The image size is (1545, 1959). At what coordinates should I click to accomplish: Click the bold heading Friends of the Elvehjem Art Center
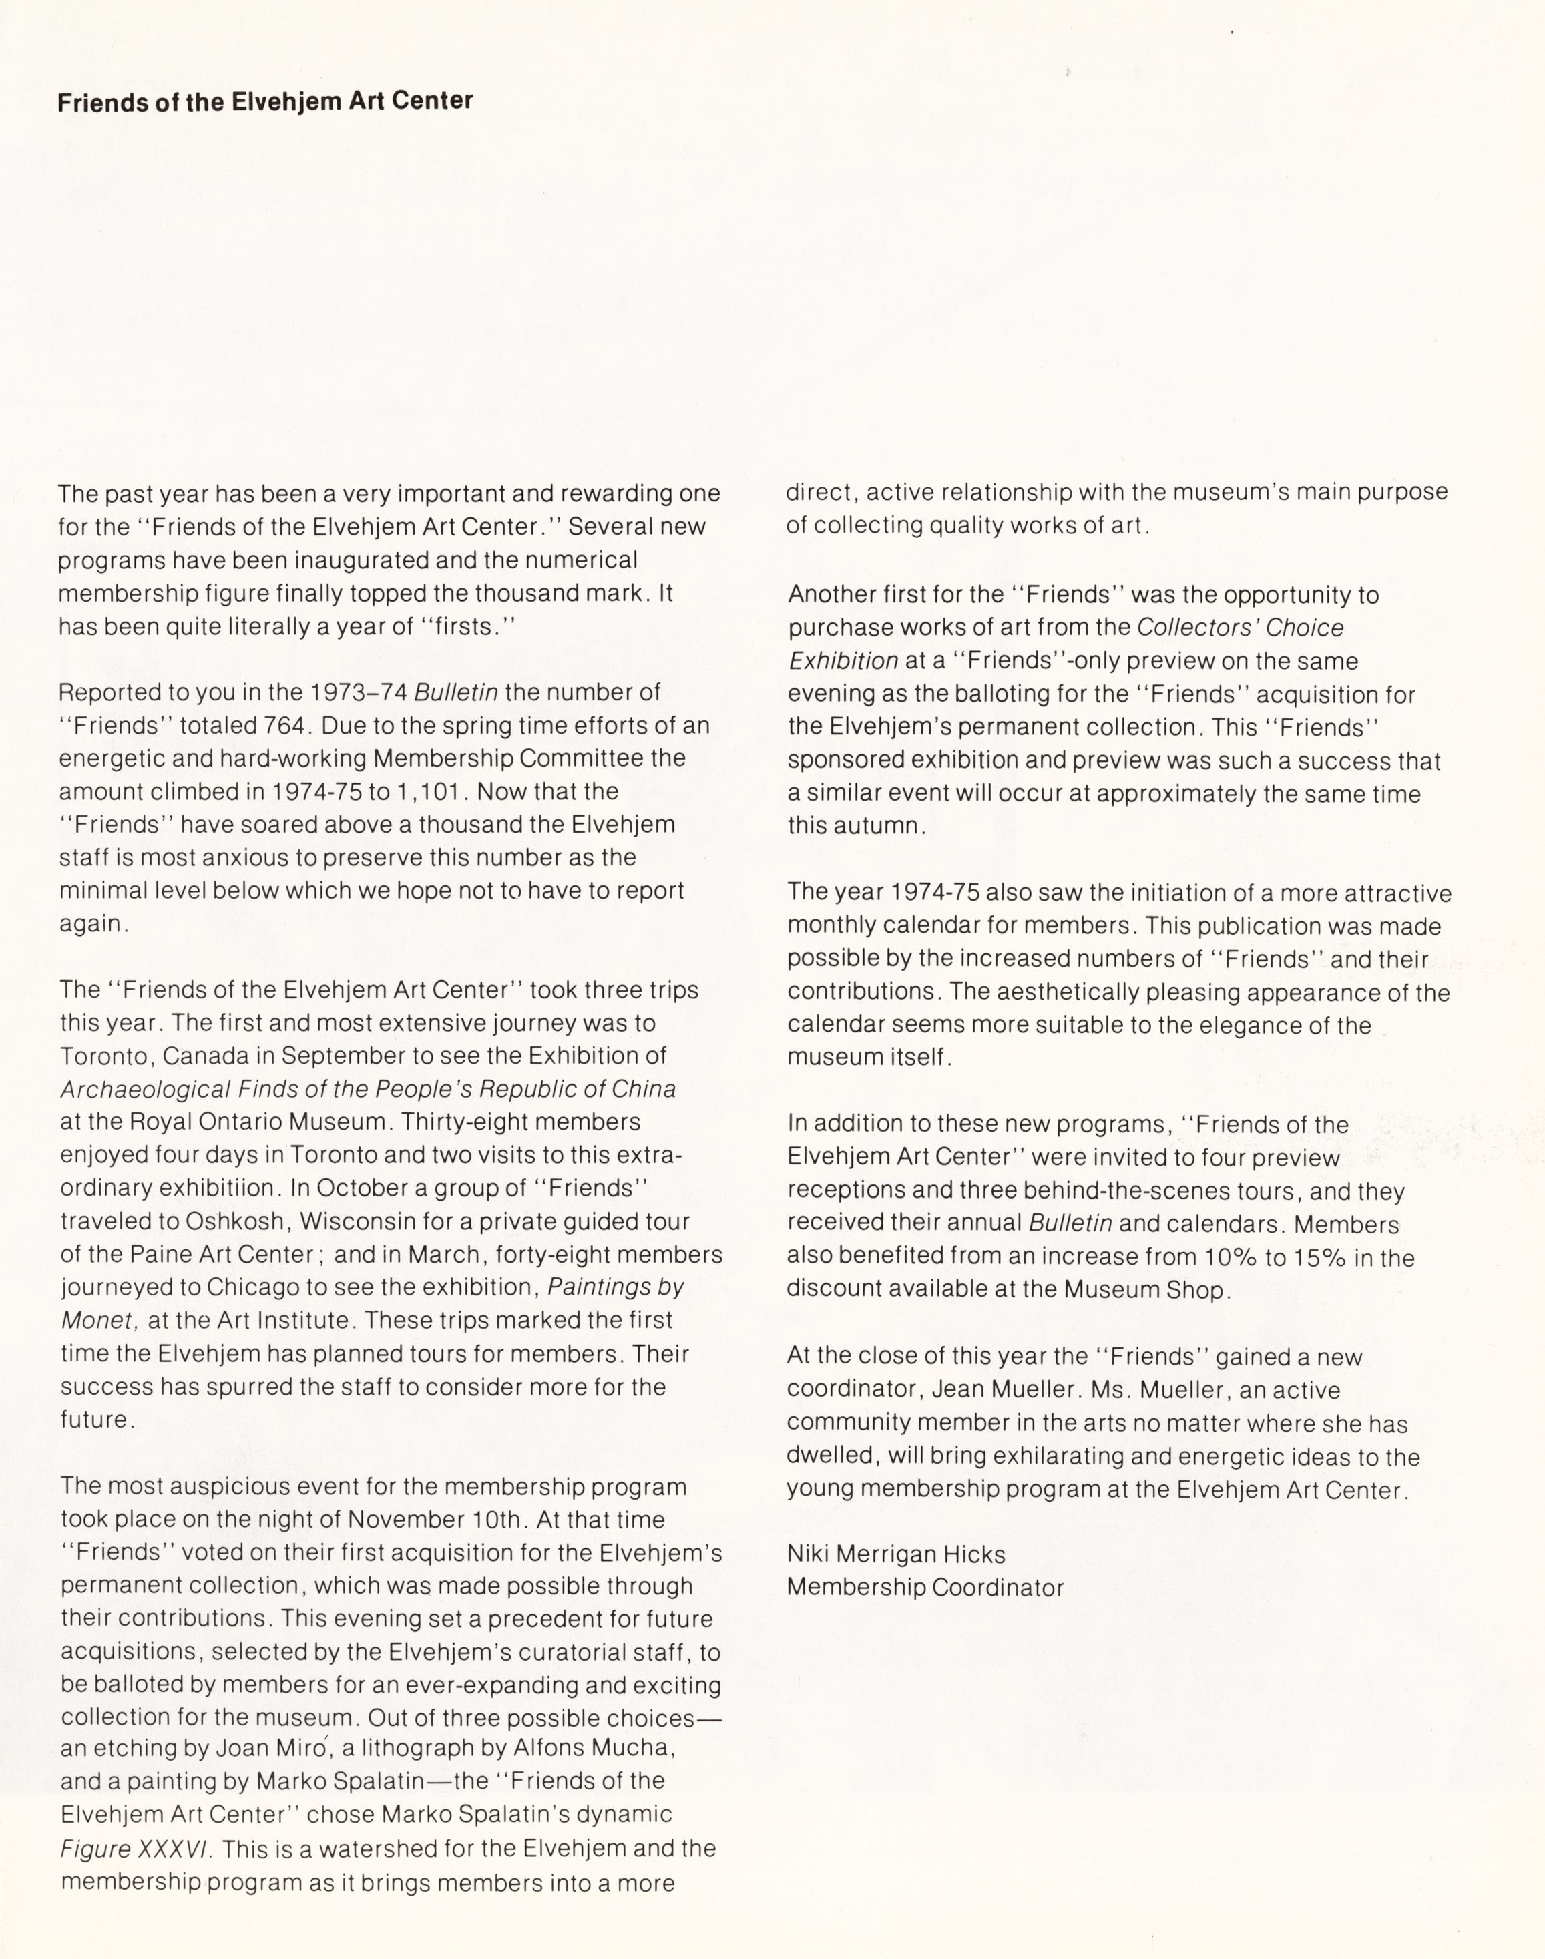click(x=265, y=101)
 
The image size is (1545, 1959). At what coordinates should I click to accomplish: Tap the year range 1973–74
click(x=359, y=693)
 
